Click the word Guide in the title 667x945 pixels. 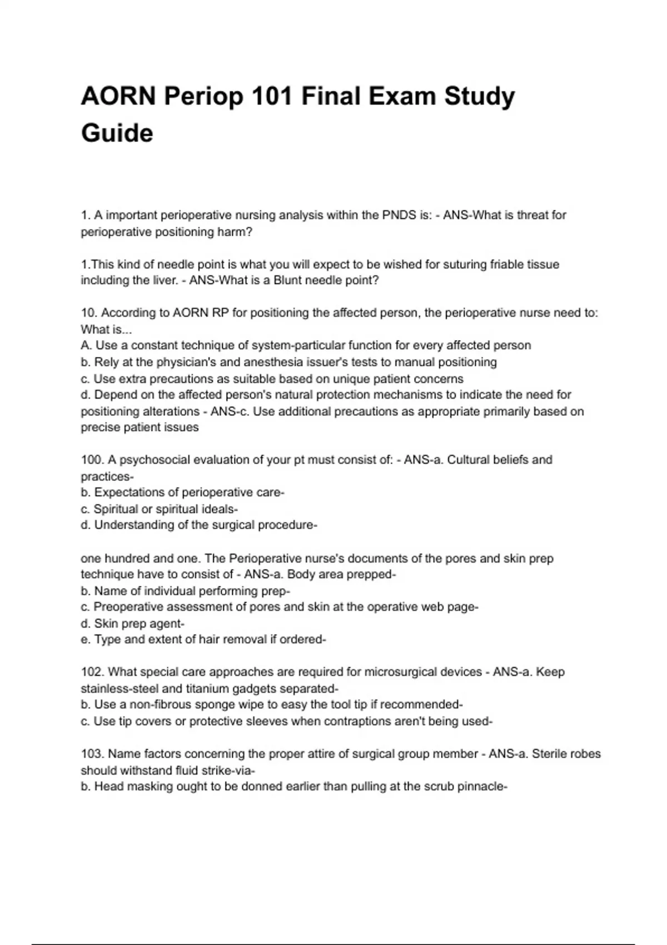[x=117, y=133]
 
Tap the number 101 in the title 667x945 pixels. [x=271, y=96]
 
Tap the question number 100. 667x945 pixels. [x=92, y=460]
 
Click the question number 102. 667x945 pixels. [x=92, y=672]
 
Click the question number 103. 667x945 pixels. [x=92, y=754]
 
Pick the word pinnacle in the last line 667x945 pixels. [x=480, y=787]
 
